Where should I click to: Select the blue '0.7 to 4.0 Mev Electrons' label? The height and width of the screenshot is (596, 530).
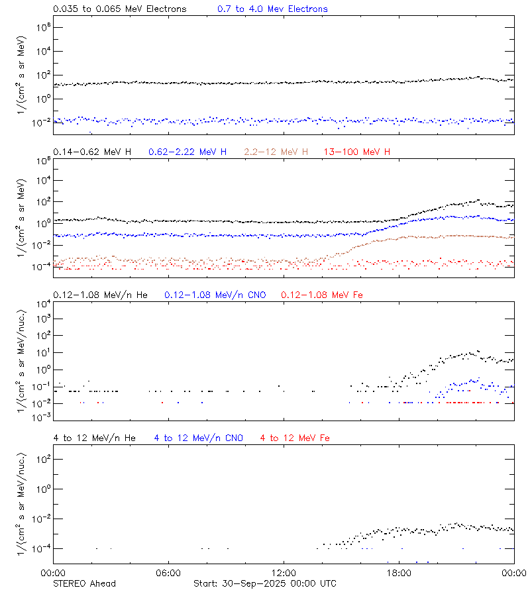[272, 9]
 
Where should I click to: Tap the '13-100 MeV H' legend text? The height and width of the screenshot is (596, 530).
[357, 152]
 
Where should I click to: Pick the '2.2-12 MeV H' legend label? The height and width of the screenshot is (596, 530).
[277, 152]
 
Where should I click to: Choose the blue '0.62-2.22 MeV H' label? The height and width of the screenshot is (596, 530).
[187, 152]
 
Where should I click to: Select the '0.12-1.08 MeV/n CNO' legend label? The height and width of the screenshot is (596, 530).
[215, 295]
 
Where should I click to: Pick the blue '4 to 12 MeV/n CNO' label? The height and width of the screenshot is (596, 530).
[198, 438]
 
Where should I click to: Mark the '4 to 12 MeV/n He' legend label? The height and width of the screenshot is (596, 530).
[94, 438]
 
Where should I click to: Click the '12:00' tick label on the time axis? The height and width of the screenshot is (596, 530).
[284, 573]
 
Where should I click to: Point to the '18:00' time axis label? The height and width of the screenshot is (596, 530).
[399, 573]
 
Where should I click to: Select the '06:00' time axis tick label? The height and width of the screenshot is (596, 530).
[168, 573]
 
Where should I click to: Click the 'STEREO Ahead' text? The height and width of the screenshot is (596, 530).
[84, 583]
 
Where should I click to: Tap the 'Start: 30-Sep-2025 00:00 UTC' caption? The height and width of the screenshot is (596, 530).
[264, 583]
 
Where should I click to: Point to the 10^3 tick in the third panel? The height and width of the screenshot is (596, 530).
[39, 319]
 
